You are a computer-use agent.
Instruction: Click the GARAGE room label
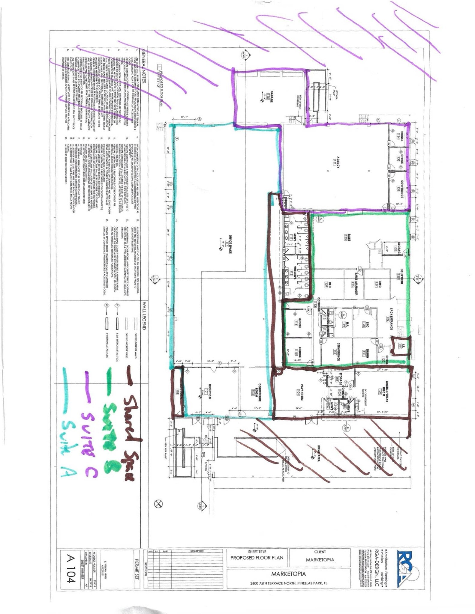pyautogui.click(x=271, y=97)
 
